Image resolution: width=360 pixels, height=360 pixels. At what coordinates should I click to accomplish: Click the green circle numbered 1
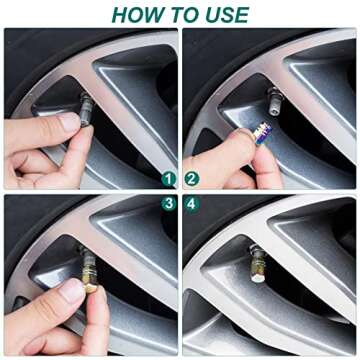pos(170,180)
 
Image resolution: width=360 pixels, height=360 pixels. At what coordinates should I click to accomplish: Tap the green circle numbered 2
pos(192,180)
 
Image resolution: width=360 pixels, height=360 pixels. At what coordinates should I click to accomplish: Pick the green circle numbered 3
pos(170,203)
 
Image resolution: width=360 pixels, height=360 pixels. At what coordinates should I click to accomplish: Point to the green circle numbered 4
pos(192,203)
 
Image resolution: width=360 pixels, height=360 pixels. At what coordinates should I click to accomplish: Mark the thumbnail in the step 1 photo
pos(69,123)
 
